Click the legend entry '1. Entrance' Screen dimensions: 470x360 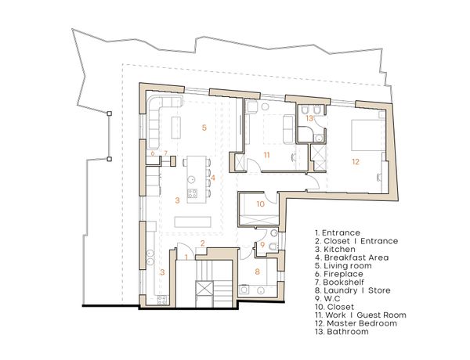pos(338,232)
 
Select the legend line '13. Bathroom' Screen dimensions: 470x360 pos(342,332)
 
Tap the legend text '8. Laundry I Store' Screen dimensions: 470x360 pos(352,290)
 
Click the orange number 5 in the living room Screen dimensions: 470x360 pos(204,128)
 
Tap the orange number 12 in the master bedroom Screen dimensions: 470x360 pos(356,162)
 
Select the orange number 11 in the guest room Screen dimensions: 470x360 pos(267,155)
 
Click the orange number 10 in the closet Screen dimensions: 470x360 pos(261,204)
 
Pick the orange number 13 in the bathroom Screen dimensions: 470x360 pos(309,118)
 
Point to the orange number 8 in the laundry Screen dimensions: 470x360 pos(257,272)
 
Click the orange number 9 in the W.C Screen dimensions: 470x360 pos(262,245)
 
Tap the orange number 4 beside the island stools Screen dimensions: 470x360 pos(213,178)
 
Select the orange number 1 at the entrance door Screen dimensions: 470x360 pos(186,257)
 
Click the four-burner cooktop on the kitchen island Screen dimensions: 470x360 pos(192,194)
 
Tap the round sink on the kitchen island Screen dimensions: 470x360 pos(191,179)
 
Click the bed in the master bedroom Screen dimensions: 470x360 pos(368,135)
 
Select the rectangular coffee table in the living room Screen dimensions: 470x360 pos(176,128)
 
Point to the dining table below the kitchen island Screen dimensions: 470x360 pos(193,222)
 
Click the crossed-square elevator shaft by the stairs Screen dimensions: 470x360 pos(204,289)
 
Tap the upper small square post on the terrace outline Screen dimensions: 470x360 pos(110,113)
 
